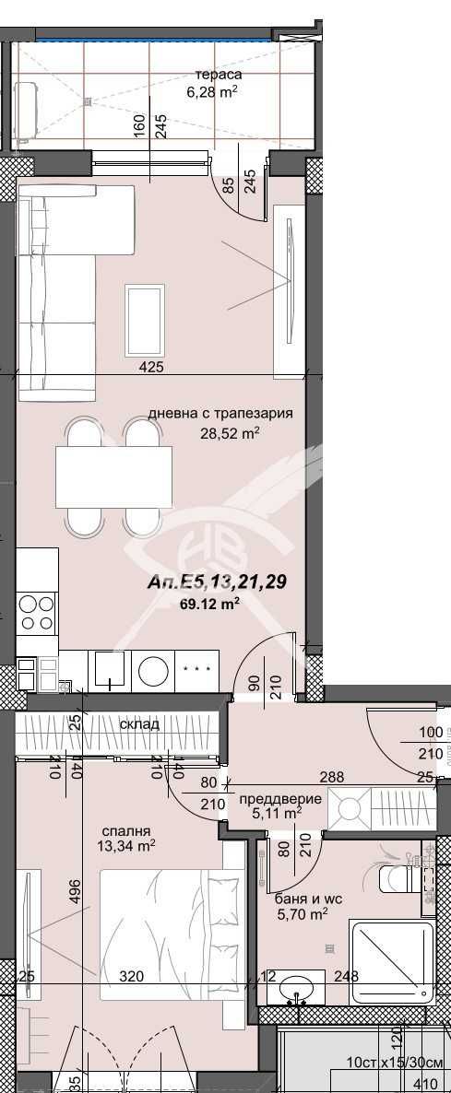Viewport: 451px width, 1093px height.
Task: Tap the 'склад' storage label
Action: coord(139,724)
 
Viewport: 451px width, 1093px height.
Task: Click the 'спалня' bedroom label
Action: coord(126,829)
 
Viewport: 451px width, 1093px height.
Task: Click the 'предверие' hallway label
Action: coord(287,798)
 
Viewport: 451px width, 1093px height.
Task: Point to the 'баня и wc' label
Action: coord(302,899)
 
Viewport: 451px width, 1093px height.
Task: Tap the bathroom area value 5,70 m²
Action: coord(302,914)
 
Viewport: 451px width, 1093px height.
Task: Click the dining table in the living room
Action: coord(113,476)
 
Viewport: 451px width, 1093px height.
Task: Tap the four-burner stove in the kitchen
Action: coord(37,613)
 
